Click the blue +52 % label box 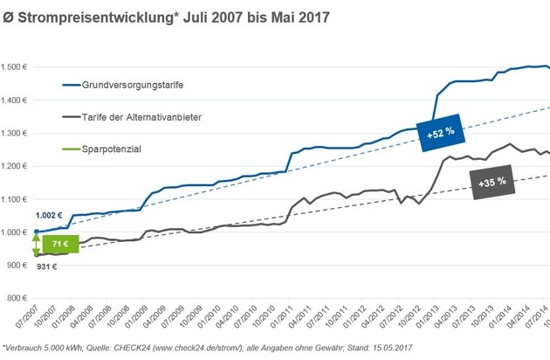[x=442, y=134]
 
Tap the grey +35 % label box [x=493, y=183]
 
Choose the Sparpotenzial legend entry [x=113, y=149]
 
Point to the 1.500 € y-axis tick [x=15, y=67]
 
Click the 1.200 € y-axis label [x=15, y=166]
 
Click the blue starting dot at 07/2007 [x=36, y=232]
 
